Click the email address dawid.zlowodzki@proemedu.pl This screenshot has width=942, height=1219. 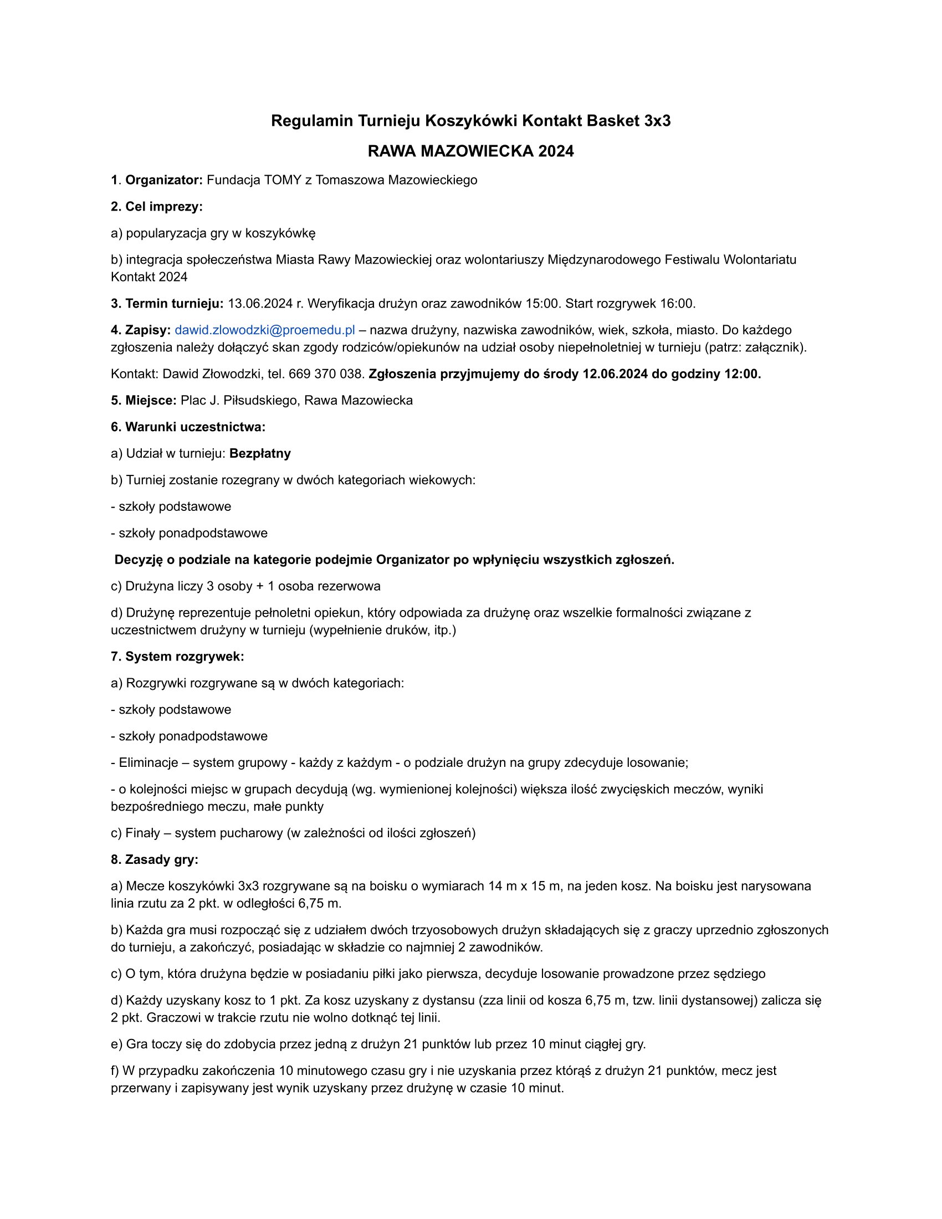point(264,330)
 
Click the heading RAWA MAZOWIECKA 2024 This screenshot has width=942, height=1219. point(470,151)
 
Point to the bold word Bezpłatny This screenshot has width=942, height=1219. point(260,453)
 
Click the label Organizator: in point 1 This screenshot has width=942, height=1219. point(163,180)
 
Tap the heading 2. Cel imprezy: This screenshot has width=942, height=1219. point(157,207)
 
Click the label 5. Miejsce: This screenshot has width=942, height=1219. point(144,400)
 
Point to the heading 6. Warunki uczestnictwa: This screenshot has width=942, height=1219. point(188,427)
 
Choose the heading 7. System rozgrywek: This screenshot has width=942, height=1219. point(177,657)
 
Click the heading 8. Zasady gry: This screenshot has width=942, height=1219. point(155,859)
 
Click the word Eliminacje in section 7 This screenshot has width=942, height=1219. point(149,762)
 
